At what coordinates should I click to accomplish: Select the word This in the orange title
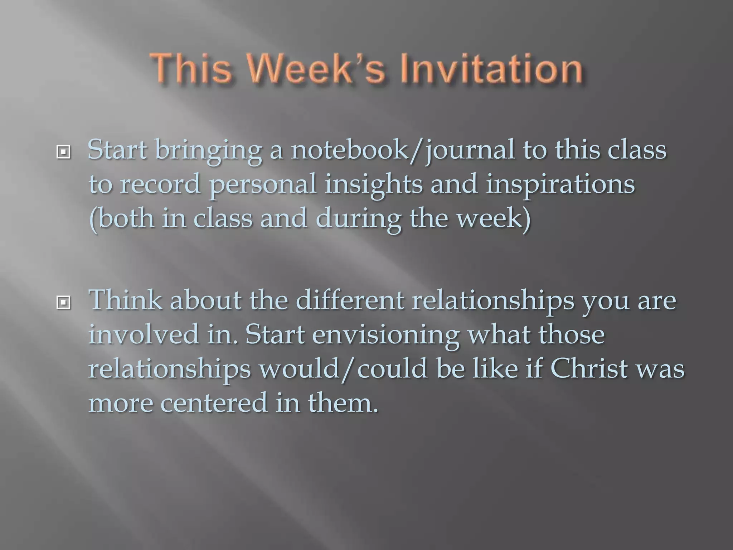(x=191, y=69)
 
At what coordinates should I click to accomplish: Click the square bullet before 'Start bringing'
(x=63, y=153)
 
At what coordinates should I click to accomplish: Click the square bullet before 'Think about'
(x=63, y=303)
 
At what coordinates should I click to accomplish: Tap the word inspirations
(x=560, y=184)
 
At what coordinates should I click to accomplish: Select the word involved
(x=144, y=334)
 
